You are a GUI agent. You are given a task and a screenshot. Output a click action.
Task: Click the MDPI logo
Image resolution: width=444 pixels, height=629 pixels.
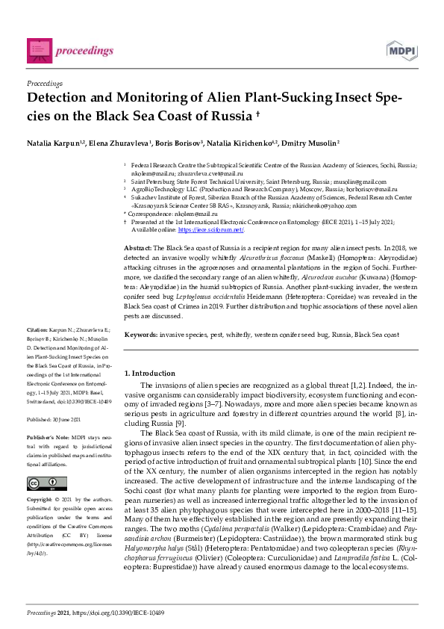[400, 50]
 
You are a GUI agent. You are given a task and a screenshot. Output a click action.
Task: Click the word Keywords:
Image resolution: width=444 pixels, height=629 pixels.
[141, 335]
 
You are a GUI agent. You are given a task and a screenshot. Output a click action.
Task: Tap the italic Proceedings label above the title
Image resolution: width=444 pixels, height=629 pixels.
[44, 83]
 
